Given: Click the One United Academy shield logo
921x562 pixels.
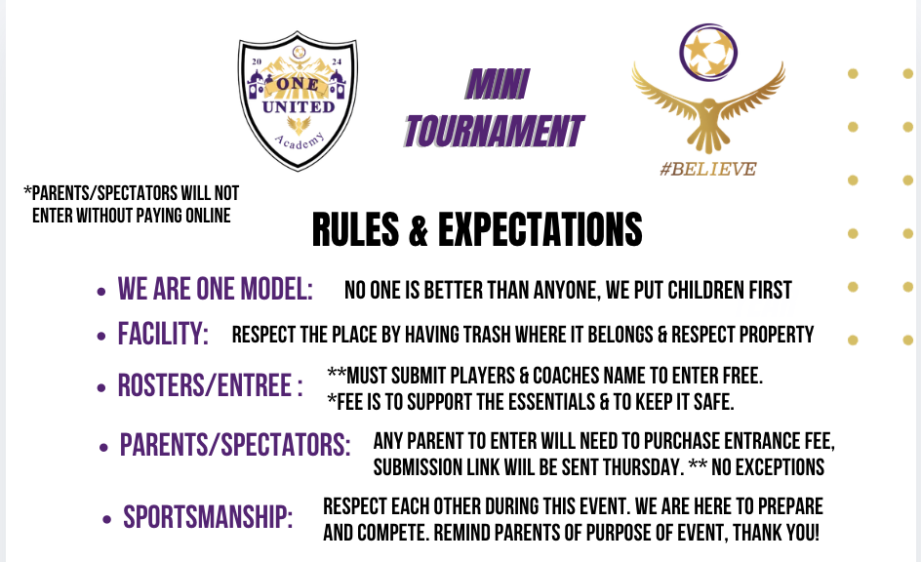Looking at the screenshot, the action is [298, 101].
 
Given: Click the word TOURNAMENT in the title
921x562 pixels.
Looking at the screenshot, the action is [494, 131].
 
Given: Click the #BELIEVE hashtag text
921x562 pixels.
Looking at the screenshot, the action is [708, 169].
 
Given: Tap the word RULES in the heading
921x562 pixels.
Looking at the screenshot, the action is [355, 229].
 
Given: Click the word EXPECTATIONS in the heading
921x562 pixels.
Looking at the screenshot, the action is [540, 229].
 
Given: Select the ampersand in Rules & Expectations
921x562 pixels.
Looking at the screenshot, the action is [419, 230].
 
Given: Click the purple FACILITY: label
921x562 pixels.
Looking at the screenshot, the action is [163, 334].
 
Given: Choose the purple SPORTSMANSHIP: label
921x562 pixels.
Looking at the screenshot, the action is [208, 517].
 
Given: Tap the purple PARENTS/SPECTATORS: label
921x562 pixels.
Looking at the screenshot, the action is [235, 445].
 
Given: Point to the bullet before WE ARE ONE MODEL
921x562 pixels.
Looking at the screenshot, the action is [101, 292].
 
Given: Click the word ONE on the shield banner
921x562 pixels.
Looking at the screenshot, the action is [298, 84].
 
